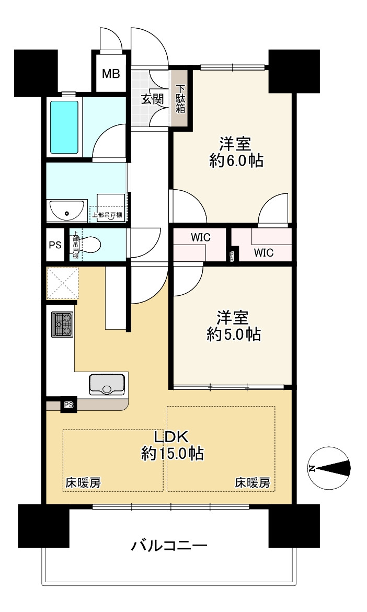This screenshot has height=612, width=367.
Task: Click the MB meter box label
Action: click(x=110, y=74)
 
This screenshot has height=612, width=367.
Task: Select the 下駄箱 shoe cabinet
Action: click(x=180, y=99)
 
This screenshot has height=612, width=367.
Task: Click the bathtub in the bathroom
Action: click(x=64, y=127)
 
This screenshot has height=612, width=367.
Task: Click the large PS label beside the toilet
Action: click(x=54, y=245)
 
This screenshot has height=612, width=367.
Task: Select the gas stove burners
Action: click(x=62, y=324)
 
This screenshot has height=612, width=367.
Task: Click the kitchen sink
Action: click(x=107, y=385)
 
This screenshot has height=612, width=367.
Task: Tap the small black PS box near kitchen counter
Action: click(x=68, y=405)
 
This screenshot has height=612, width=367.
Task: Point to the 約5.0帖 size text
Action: click(x=234, y=334)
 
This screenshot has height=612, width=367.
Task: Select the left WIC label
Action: click(x=200, y=237)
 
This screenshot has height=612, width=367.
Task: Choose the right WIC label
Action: click(x=263, y=253)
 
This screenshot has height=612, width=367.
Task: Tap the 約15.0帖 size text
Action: click(x=172, y=454)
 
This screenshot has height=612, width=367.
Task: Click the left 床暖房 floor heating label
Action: click(x=83, y=483)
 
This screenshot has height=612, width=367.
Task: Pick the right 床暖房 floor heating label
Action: click(x=253, y=483)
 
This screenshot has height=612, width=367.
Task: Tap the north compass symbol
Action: click(x=329, y=468)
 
